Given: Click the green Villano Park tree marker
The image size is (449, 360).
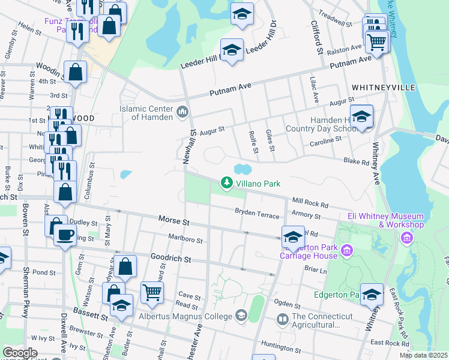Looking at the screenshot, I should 226,182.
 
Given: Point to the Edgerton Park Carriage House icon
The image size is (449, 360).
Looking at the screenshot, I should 347,249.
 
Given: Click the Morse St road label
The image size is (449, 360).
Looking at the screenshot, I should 174,221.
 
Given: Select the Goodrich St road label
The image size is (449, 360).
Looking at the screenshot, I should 170,260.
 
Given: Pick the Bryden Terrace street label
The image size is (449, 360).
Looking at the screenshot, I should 258,213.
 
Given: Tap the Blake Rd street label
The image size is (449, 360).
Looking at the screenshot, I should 356,161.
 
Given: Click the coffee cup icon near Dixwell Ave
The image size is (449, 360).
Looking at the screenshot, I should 65,233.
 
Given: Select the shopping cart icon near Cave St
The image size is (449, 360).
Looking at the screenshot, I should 152,292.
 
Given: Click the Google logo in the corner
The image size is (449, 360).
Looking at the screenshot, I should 19,353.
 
